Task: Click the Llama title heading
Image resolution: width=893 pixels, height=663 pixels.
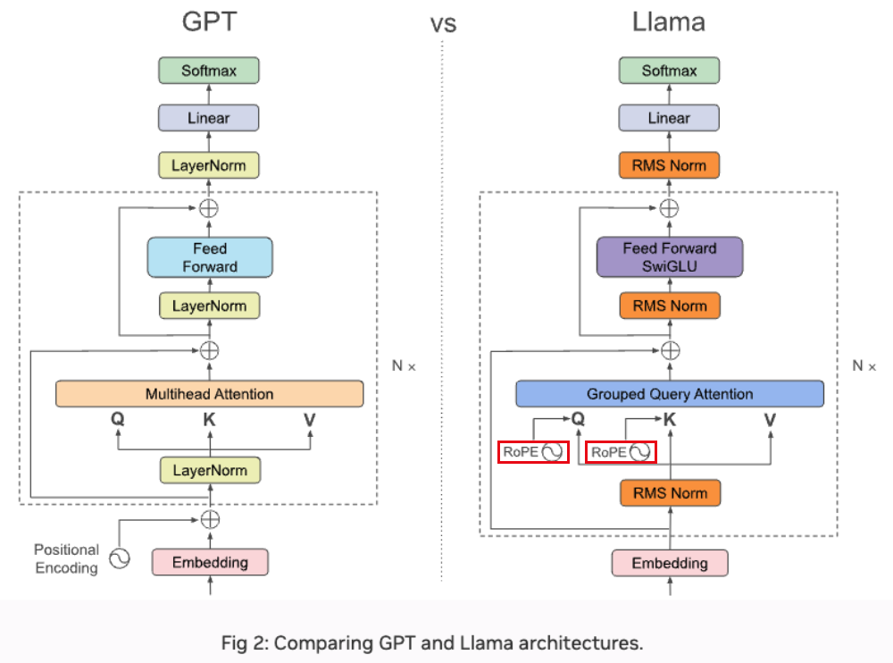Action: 669,21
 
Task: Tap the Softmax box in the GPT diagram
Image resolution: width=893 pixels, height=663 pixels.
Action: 209,71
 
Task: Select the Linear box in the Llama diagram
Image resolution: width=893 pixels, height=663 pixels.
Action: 669,118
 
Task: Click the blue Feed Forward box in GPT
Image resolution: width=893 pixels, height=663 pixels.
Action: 210,257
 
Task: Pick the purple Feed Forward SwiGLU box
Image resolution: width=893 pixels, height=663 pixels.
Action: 669,257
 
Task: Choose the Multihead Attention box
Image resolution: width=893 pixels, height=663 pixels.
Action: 209,394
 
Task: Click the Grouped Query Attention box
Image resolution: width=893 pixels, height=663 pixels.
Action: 670,394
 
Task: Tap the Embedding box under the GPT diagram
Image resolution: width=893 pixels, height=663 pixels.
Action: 210,562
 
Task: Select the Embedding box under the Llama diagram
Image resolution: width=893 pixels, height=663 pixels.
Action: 670,563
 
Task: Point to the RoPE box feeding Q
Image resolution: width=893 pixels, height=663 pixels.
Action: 532,452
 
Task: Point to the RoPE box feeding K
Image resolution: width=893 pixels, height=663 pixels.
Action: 621,452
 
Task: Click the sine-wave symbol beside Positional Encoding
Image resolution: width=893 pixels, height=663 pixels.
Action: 119,558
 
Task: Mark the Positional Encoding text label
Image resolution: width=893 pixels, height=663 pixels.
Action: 66,558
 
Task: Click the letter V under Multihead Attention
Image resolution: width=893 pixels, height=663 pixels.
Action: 310,417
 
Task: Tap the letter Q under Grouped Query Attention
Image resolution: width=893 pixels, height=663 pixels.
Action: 578,417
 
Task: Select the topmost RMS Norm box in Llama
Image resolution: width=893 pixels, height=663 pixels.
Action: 669,165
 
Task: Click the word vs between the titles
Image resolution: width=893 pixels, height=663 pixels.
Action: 443,24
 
